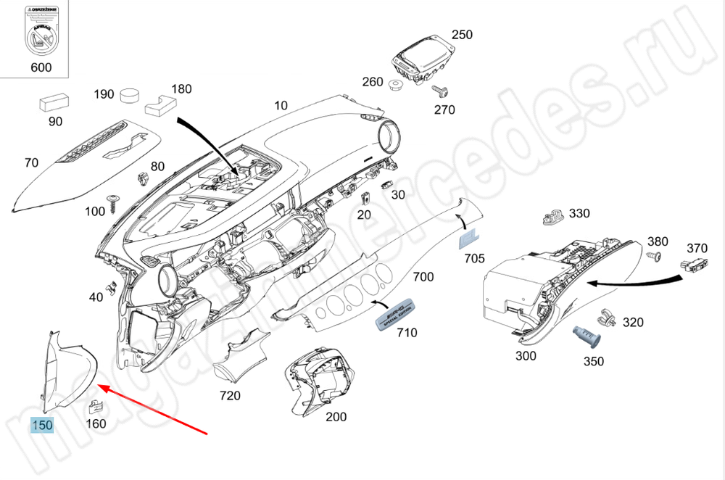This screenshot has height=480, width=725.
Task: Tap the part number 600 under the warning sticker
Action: click(41, 67)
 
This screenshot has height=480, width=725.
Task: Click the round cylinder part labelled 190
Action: click(131, 95)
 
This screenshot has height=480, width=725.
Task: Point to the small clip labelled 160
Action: click(95, 408)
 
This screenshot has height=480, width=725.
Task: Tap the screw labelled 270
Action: click(439, 91)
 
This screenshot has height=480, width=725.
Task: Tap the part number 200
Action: click(336, 417)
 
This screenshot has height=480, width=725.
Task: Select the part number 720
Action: click(230, 396)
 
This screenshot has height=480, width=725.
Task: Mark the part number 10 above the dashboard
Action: click(281, 105)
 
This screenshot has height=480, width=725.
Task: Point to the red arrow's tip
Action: click(99, 386)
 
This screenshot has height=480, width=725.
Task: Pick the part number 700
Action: click(423, 276)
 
